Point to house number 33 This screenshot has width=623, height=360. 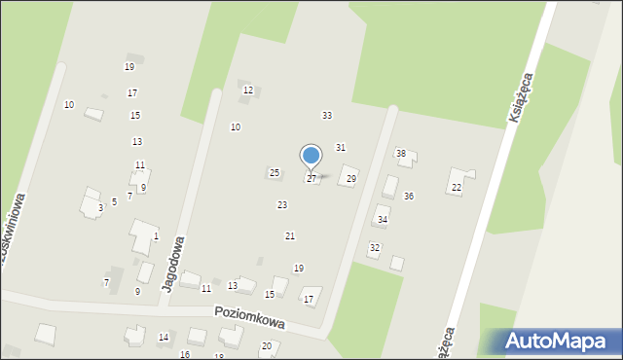pyautogui.click(x=327, y=116)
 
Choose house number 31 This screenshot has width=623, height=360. pyautogui.click(x=341, y=147)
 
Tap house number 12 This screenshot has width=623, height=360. pyautogui.click(x=248, y=90)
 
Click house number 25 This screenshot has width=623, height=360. pyautogui.click(x=275, y=173)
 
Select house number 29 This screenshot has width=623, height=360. pyautogui.click(x=351, y=179)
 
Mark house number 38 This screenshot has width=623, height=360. pyautogui.click(x=400, y=154)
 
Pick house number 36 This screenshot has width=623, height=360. pyautogui.click(x=409, y=197)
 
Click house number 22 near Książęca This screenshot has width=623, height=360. pyautogui.click(x=457, y=187)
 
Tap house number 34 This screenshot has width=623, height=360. pyautogui.click(x=383, y=220)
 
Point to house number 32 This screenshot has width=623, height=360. pyautogui.click(x=374, y=248)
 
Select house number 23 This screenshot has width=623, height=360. pyautogui.click(x=282, y=205)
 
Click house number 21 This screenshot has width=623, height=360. pyautogui.click(x=289, y=236)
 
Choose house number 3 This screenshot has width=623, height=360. pyautogui.click(x=100, y=207)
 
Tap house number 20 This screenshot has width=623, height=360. pyautogui.click(x=266, y=346)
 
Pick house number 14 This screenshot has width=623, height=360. pyautogui.click(x=164, y=338)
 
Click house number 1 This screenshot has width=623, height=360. pyautogui.click(x=156, y=236)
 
